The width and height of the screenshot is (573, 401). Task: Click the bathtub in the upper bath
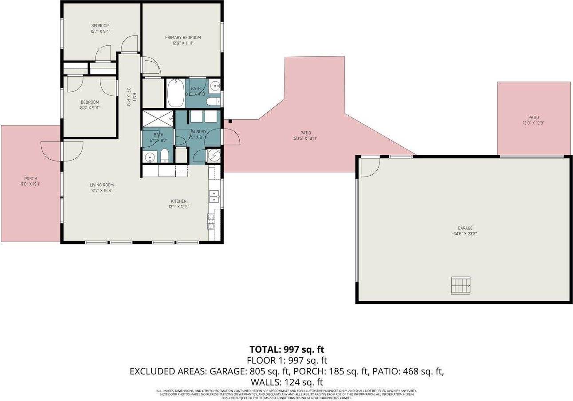click(175, 93)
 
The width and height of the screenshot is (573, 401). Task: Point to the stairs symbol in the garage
click(461, 285)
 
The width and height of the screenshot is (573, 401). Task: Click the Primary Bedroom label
click(183, 38)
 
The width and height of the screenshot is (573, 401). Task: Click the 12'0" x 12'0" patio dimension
click(533, 123)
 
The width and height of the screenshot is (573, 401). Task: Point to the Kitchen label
click(179, 201)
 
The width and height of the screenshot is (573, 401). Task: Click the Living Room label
click(102, 185)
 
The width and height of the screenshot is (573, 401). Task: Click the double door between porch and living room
click(62, 151)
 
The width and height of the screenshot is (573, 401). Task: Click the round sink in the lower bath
click(150, 156)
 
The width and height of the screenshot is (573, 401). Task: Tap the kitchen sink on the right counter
click(214, 196)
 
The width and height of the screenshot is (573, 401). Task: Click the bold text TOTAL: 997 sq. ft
click(286, 349)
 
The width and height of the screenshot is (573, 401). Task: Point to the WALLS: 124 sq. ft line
click(286, 382)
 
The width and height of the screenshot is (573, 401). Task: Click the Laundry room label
click(198, 132)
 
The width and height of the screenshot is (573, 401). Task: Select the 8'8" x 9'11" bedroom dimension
click(90, 107)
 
